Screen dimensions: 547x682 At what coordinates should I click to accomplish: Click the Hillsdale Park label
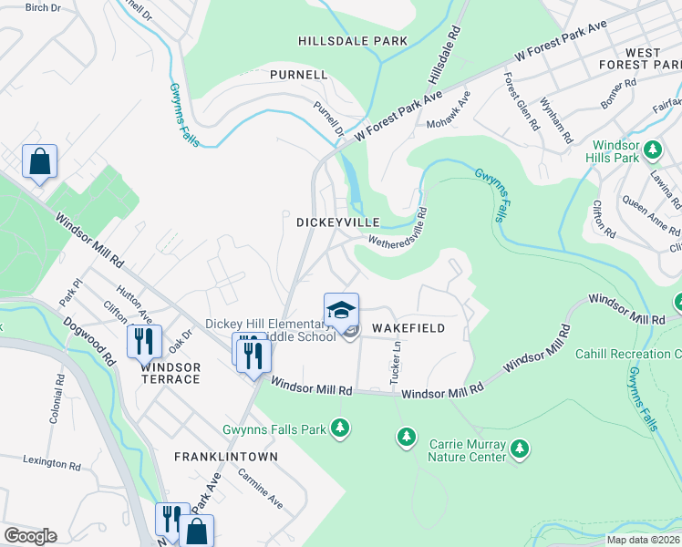[353, 41]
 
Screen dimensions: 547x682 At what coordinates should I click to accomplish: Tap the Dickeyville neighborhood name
[331, 222]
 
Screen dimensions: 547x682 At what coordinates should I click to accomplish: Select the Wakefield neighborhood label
[408, 328]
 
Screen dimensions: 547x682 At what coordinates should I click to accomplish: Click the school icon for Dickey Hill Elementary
[341, 310]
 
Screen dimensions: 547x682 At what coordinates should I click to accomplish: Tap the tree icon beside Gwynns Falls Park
[340, 428]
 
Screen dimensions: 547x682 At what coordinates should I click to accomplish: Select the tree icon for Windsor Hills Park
[652, 149]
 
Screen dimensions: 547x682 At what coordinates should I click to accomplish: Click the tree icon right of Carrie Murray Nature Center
[520, 448]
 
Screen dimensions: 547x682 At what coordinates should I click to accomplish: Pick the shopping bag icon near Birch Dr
[39, 162]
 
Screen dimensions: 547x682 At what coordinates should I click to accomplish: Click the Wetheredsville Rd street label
[398, 227]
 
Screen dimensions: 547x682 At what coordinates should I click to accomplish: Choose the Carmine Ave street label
[260, 490]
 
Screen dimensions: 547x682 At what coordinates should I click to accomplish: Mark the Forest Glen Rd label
[520, 101]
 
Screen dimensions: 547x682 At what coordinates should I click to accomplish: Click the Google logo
[30, 536]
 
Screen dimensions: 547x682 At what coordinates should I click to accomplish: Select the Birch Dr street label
[42, 7]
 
